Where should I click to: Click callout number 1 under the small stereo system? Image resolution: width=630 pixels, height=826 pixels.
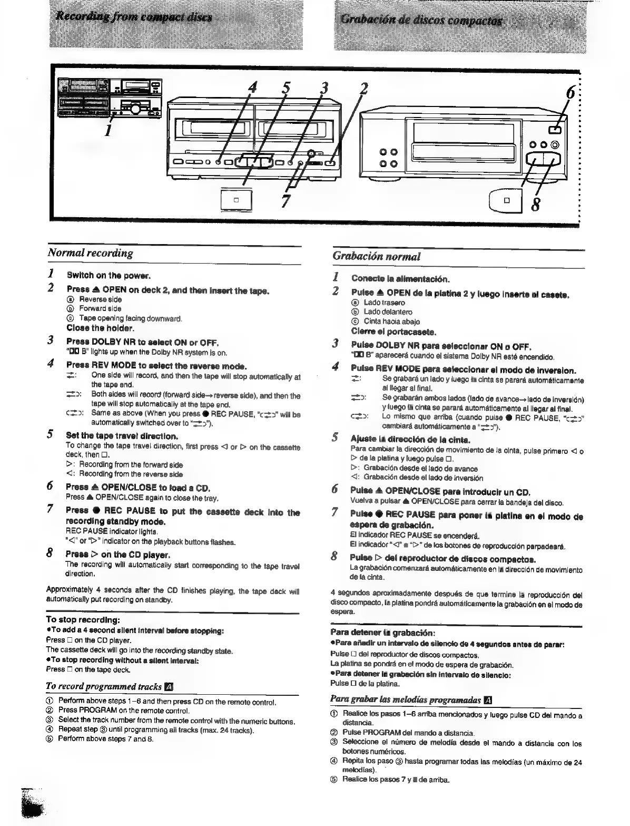(x=107, y=130)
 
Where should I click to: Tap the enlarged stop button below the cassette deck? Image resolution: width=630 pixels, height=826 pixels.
(x=236, y=200)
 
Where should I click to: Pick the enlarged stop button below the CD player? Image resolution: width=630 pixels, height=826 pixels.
(x=507, y=200)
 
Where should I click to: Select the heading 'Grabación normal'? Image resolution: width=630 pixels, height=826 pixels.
(x=377, y=257)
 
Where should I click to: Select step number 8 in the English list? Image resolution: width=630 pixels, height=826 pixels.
(x=50, y=554)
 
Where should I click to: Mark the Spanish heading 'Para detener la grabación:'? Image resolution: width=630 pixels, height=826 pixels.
(x=381, y=633)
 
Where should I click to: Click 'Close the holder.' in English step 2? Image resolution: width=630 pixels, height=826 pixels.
(x=100, y=328)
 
